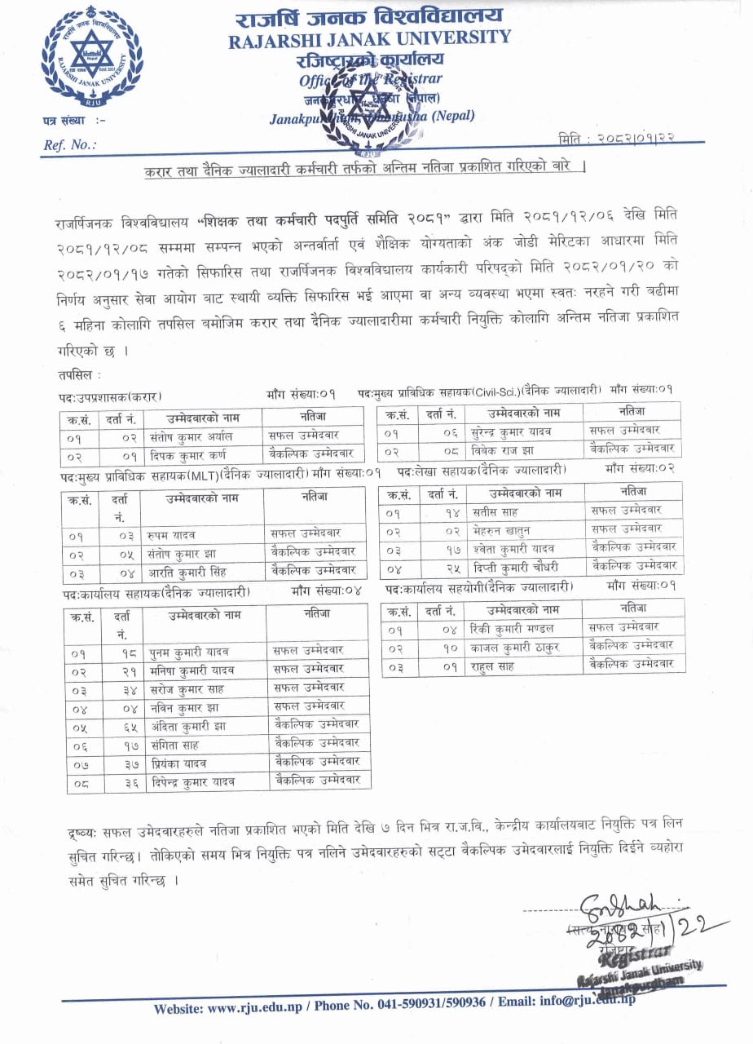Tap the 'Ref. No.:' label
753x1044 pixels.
pyautogui.click(x=69, y=144)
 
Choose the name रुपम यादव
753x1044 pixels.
pyautogui.click(x=175, y=535)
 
